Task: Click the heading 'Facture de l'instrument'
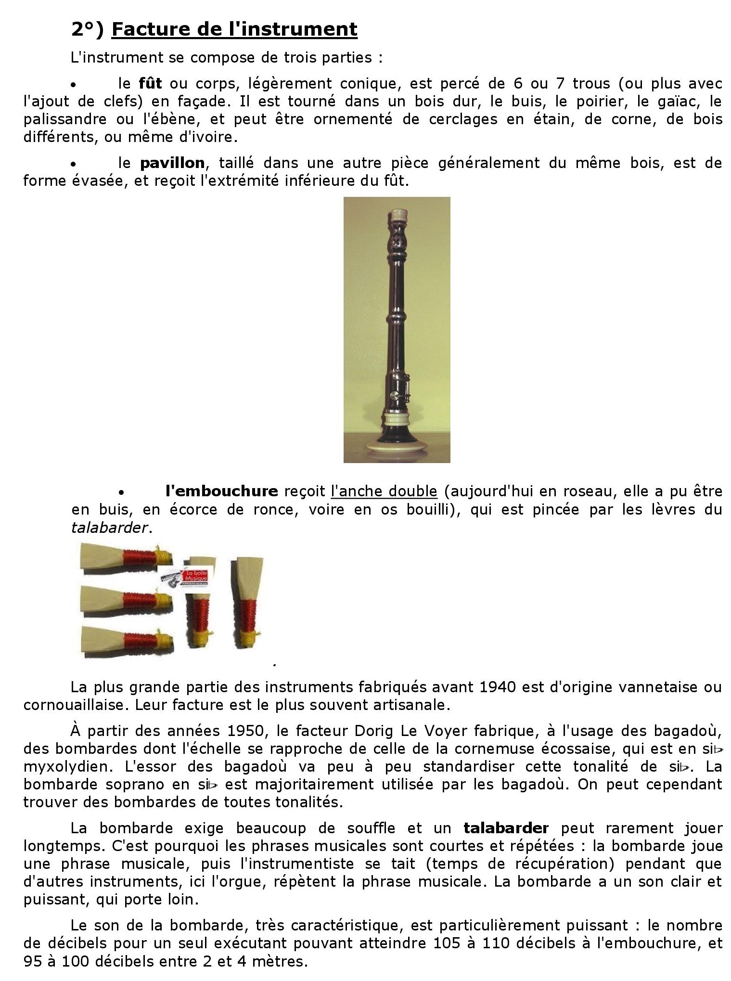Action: click(234, 29)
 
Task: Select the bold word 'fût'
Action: click(150, 84)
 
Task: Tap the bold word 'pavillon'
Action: click(172, 163)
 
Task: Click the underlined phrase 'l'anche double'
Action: click(384, 491)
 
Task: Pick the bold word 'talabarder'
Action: click(506, 828)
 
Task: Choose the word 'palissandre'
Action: click(64, 119)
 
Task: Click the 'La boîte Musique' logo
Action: click(190, 576)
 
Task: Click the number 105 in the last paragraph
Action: click(447, 943)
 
